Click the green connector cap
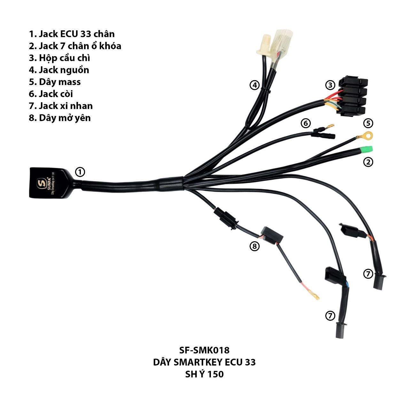366,150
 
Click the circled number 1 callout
80,172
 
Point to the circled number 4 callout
254,85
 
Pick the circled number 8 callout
254,246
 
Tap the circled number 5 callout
368,123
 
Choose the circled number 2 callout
368,162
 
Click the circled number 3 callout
330,85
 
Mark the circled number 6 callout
305,123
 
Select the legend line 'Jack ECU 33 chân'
72,34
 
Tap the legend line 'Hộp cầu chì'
59,58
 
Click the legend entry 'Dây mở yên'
60,118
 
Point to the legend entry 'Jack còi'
51,94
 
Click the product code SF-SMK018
204,350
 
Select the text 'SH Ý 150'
204,374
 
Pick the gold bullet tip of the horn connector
330,126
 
